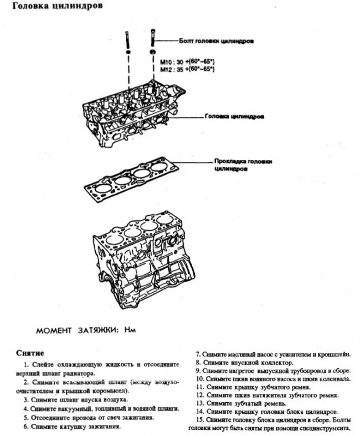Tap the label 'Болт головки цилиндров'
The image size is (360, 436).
pos(216,41)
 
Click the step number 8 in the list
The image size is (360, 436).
pos(199,363)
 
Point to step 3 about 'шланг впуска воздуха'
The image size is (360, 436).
pos(76,399)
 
